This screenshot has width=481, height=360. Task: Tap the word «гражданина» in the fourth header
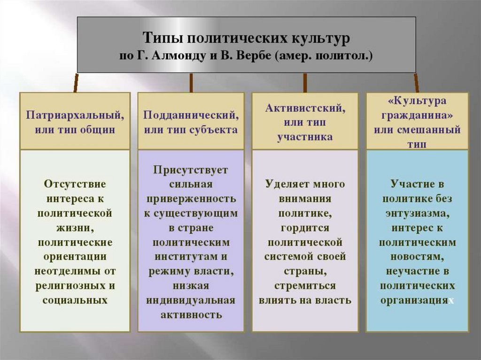click(x=417, y=115)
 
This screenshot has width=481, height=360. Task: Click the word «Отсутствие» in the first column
click(x=75, y=184)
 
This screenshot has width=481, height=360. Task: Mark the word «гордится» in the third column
click(x=305, y=228)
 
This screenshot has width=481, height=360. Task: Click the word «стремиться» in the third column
click(x=305, y=286)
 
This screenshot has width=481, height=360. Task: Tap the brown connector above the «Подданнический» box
click(x=191, y=83)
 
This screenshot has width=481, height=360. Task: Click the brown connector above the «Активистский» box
click(x=305, y=83)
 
